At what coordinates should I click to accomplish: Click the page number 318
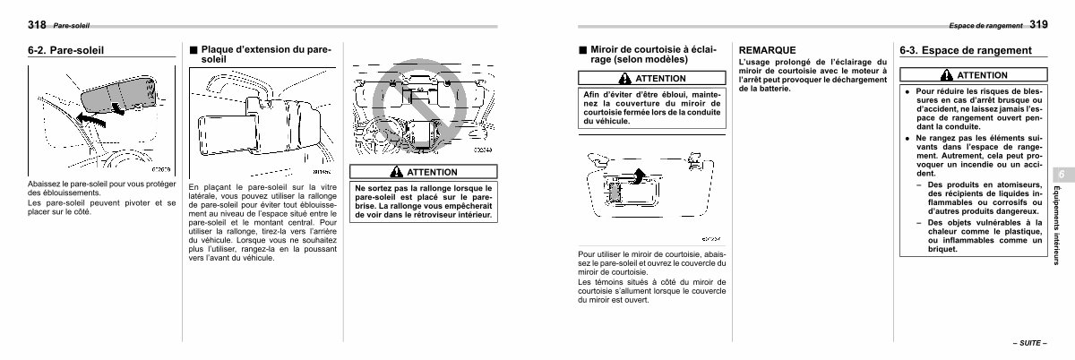click(x=39, y=24)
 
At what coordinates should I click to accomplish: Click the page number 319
click(x=1039, y=24)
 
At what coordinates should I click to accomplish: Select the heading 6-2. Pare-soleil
click(x=66, y=51)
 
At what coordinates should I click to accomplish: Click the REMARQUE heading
click(x=767, y=50)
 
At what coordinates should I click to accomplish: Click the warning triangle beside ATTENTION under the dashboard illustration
click(x=397, y=172)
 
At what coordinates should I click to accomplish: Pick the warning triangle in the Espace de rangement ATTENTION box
click(x=947, y=75)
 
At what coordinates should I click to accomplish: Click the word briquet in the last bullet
click(x=944, y=249)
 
